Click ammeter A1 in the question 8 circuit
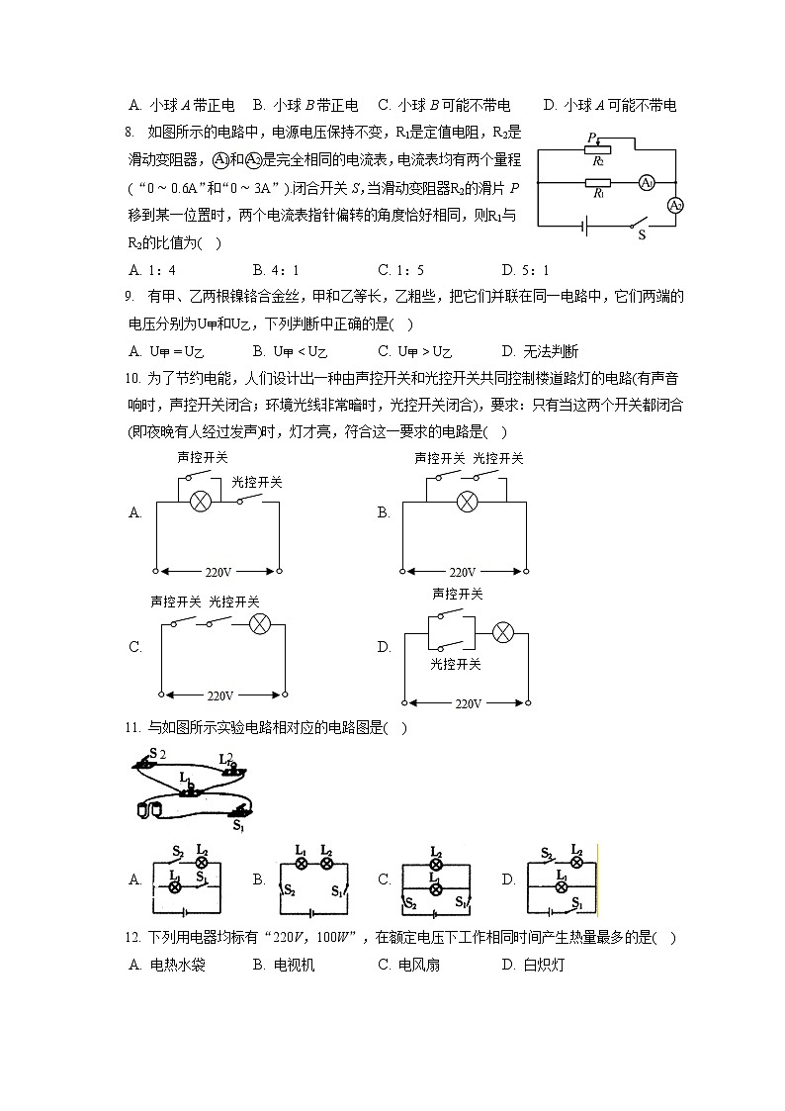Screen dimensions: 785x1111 [x=646, y=182]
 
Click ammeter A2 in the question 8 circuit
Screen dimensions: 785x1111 [x=675, y=205]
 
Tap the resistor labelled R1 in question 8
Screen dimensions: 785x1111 [x=597, y=183]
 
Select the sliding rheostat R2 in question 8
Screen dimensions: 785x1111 [x=597, y=149]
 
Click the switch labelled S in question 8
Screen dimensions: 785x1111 [x=642, y=226]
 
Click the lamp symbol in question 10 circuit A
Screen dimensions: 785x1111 [x=200, y=502]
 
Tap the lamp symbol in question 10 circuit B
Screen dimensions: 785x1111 [x=467, y=502]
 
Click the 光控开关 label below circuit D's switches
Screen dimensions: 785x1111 [x=456, y=665]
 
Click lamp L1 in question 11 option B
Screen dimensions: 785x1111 [x=303, y=863]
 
